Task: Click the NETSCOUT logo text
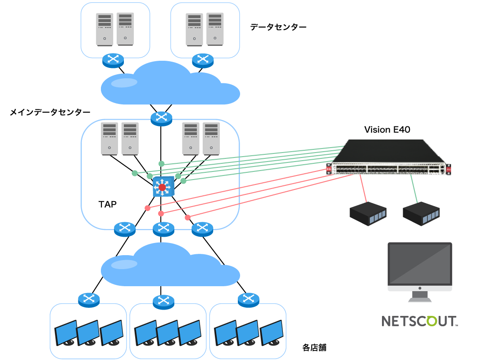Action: click(419, 321)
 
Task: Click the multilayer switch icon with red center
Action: click(163, 187)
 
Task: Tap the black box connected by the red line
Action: click(368, 214)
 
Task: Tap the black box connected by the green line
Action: click(421, 214)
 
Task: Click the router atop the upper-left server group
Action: click(113, 60)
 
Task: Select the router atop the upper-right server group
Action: click(203, 60)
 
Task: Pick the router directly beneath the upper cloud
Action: click(161, 118)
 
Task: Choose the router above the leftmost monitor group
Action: click(89, 299)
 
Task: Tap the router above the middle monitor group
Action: click(164, 301)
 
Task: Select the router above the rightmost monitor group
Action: click(248, 299)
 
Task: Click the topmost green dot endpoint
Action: click(161, 163)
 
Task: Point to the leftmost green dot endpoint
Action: click(135, 173)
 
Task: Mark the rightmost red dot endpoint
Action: click(187, 218)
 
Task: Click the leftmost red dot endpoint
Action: click(147, 208)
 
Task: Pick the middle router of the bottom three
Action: click(164, 229)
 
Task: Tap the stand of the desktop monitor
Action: click(419, 297)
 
